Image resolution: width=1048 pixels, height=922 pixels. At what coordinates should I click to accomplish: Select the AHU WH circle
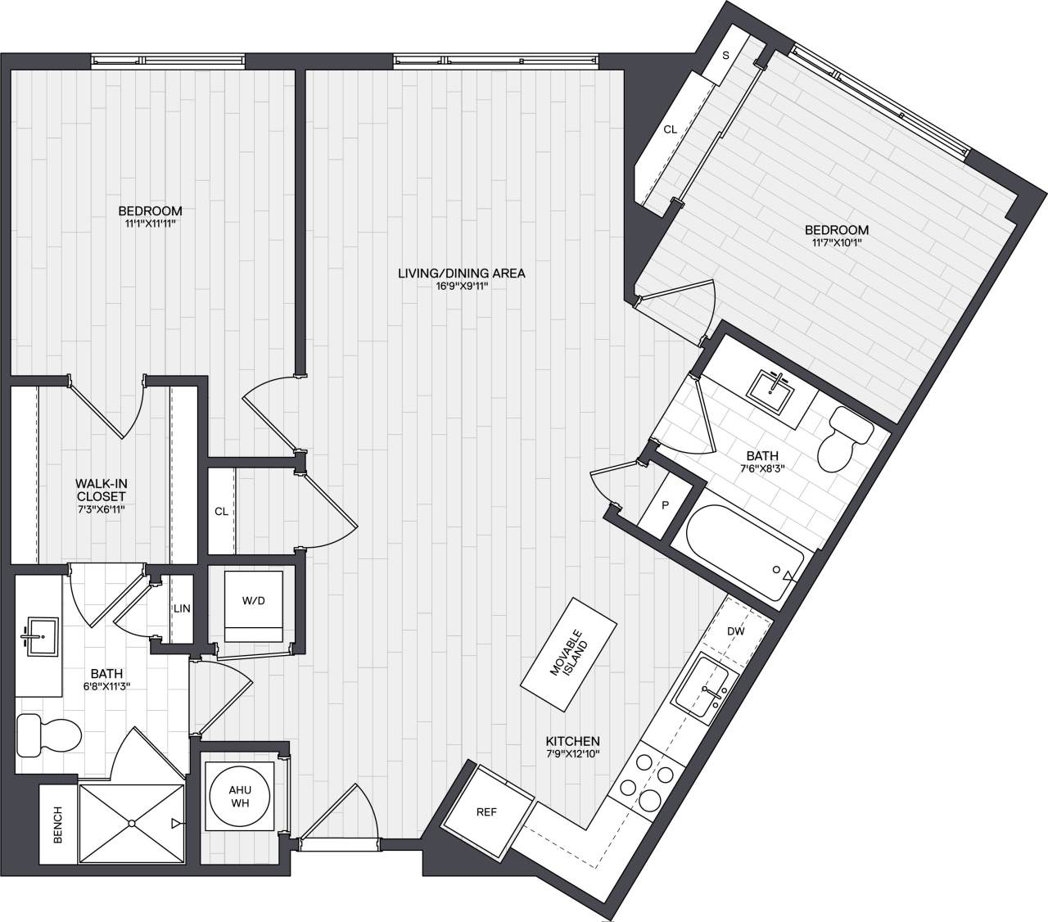pos(240,794)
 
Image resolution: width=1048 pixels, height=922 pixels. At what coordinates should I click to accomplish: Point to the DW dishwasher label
pos(735,631)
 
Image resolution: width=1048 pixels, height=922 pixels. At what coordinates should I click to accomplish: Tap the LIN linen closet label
pos(182,608)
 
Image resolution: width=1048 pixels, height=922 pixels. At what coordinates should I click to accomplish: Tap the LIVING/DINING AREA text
pos(461,273)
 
